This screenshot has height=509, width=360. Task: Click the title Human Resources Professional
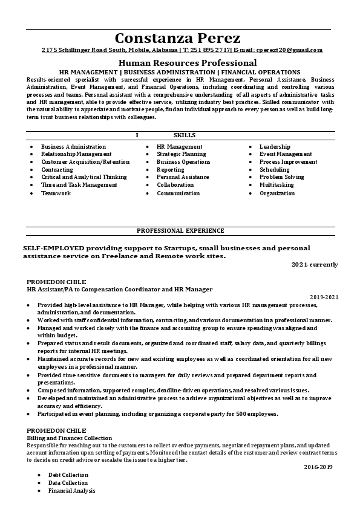click(188, 63)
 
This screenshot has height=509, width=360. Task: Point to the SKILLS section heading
click(185, 135)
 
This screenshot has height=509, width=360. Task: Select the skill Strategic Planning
click(181, 154)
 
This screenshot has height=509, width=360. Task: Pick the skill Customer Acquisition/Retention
click(85, 162)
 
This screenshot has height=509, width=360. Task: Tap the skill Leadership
click(275, 147)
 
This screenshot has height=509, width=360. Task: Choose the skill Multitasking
click(277, 185)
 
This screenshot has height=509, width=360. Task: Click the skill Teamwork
click(56, 193)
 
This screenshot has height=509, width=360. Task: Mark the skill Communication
click(178, 193)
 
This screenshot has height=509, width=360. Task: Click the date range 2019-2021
click(324, 297)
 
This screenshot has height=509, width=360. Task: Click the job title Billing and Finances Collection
click(70, 438)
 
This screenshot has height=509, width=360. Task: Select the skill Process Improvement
click(288, 162)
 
